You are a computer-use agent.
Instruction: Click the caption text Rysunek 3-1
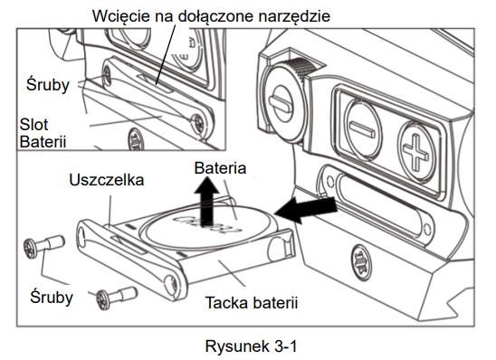click(251, 346)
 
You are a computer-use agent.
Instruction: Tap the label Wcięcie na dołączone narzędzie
click(211, 15)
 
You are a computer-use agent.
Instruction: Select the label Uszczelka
click(107, 180)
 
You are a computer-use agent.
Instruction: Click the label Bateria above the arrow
click(220, 168)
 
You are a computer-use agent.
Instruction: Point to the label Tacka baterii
click(252, 302)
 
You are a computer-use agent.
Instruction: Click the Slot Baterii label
click(43, 133)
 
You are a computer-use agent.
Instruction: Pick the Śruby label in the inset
click(48, 84)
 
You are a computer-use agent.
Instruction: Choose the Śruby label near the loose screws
click(52, 297)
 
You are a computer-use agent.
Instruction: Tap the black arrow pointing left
click(306, 209)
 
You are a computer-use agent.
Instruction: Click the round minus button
click(361, 129)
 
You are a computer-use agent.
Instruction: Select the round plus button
click(416, 152)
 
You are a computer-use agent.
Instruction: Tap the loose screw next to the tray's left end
click(44, 244)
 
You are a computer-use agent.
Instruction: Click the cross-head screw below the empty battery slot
click(362, 262)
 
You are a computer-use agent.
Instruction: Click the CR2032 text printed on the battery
click(206, 225)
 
